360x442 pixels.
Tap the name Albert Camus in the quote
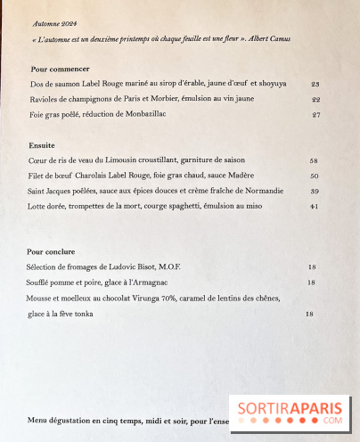pyautogui.click(x=290, y=40)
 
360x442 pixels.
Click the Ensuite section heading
pyautogui.click(x=44, y=144)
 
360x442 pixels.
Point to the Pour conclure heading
pyautogui.click(x=52, y=252)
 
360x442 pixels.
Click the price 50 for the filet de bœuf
pyautogui.click(x=314, y=176)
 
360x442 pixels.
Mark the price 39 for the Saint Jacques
pyautogui.click(x=314, y=191)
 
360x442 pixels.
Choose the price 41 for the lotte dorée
pyautogui.click(x=314, y=207)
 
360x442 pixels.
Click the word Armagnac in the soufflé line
pyautogui.click(x=162, y=282)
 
